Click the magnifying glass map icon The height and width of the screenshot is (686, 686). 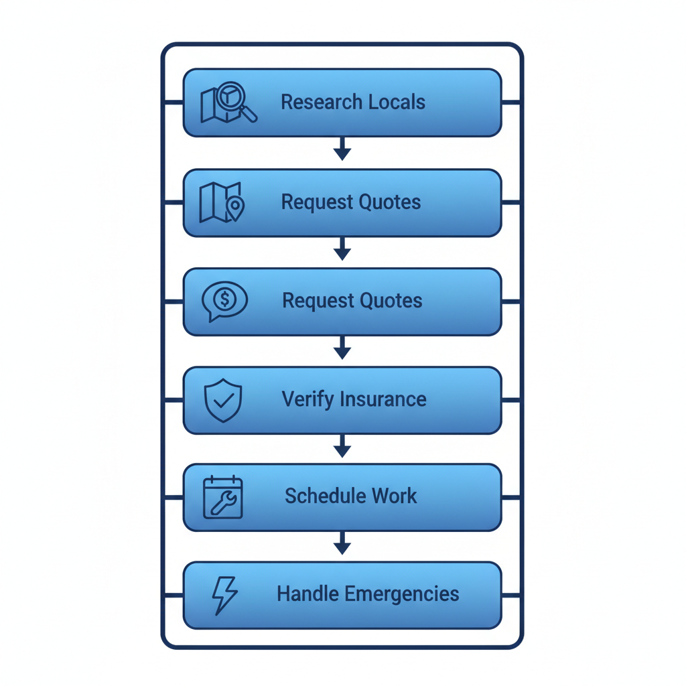coord(228,104)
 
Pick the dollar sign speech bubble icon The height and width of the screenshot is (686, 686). coord(224,301)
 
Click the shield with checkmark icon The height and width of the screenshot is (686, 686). coord(222,400)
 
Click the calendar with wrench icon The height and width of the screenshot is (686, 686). coord(222,498)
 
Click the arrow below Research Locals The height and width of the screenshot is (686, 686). coord(342,149)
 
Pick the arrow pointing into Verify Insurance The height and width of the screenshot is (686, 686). coord(342,348)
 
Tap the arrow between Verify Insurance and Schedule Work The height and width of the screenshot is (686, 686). coord(342,446)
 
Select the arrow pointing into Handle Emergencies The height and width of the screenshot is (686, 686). coord(342,543)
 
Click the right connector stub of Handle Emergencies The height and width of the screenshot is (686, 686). coord(511,595)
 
